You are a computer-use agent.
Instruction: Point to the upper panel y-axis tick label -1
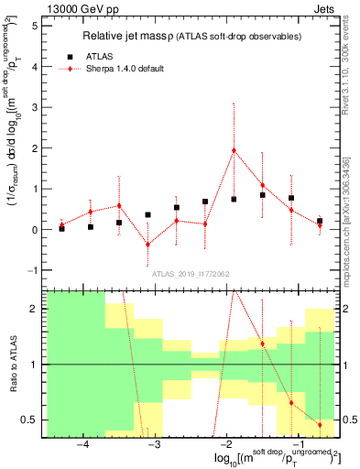31,270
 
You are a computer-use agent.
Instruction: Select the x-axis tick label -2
225,444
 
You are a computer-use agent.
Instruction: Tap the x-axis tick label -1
297,444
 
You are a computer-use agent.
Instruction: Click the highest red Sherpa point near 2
234,150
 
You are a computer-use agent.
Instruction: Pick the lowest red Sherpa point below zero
147,245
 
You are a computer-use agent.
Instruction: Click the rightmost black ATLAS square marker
320,221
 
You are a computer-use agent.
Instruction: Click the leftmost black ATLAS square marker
61,228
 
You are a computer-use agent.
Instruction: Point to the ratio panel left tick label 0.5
29,420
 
